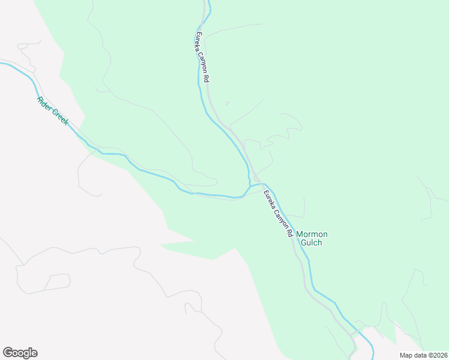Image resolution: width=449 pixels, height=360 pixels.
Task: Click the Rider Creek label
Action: tap(53, 111)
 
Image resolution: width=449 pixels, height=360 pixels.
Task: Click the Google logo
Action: tap(20, 353)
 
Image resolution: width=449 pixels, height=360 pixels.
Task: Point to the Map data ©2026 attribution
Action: tap(424, 355)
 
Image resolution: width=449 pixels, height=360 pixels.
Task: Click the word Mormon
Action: tap(312, 234)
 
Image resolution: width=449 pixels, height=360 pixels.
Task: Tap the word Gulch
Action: tap(312, 243)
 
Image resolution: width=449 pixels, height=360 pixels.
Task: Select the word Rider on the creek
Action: tap(44, 103)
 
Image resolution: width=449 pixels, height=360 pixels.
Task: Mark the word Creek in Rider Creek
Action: tap(60, 118)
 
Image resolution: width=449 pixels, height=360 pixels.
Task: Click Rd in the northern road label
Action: tap(206, 78)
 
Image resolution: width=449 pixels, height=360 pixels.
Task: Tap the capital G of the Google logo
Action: tap(8, 352)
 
